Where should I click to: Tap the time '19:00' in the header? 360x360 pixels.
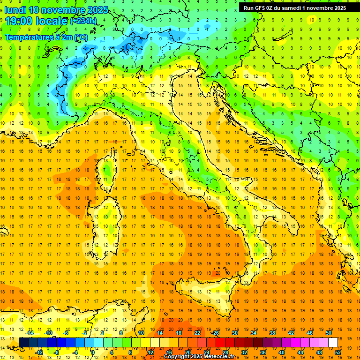pyautogui.click(x=18, y=21)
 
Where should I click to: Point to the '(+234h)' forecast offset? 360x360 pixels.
pyautogui.click(x=83, y=21)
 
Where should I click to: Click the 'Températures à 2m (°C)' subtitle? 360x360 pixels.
pyautogui.click(x=46, y=37)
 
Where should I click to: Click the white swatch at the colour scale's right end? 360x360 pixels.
pyautogui.click(x=333, y=342)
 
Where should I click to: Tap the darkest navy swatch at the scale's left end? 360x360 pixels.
pyautogui.click(x=23, y=342)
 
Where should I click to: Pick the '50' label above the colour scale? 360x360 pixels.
pyautogui.click(x=328, y=333)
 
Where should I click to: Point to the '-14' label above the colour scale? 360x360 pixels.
pyautogui.click(x=29, y=333)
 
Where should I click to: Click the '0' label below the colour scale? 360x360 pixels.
pyautogui.click(x=92, y=352)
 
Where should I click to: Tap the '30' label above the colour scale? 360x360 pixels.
pyautogui.click(x=234, y=333)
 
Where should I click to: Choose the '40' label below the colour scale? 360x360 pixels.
pyautogui.click(x=281, y=352)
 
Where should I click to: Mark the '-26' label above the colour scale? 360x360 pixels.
pyautogui.click(x=215, y=333)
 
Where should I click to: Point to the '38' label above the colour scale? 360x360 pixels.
pyautogui.click(x=272, y=333)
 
